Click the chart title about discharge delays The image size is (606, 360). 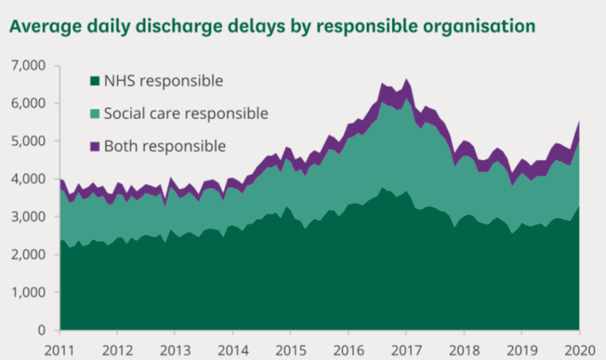tap(271, 27)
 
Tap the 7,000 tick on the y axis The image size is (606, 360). tap(28, 65)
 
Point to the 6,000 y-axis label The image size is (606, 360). tap(28, 103)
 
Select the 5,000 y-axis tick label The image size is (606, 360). tap(28, 141)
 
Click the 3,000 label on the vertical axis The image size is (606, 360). tap(28, 217)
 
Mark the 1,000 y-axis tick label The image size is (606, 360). tap(28, 292)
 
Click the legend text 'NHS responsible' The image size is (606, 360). tap(163, 81)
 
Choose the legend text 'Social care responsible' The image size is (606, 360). tap(186, 113)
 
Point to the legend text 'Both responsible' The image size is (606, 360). tap(165, 146)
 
